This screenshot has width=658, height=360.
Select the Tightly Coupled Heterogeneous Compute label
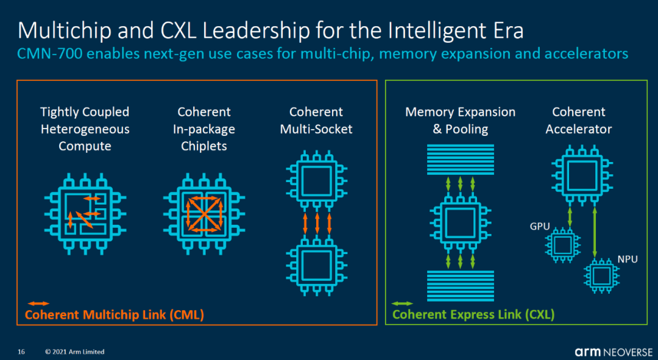click(x=85, y=129)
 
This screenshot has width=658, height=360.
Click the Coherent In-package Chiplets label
click(x=204, y=129)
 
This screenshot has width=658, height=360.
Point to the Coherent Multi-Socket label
click(x=316, y=120)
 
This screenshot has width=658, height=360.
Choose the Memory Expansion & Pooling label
click(x=460, y=120)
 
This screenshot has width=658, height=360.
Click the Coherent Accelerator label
click(x=579, y=120)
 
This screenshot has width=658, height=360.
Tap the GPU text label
click(x=540, y=227)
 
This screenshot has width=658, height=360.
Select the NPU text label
click(x=627, y=259)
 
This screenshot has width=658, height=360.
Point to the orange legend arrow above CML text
click(x=38, y=303)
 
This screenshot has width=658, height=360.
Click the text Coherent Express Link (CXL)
click(x=473, y=314)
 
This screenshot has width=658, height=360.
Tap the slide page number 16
click(x=21, y=351)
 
